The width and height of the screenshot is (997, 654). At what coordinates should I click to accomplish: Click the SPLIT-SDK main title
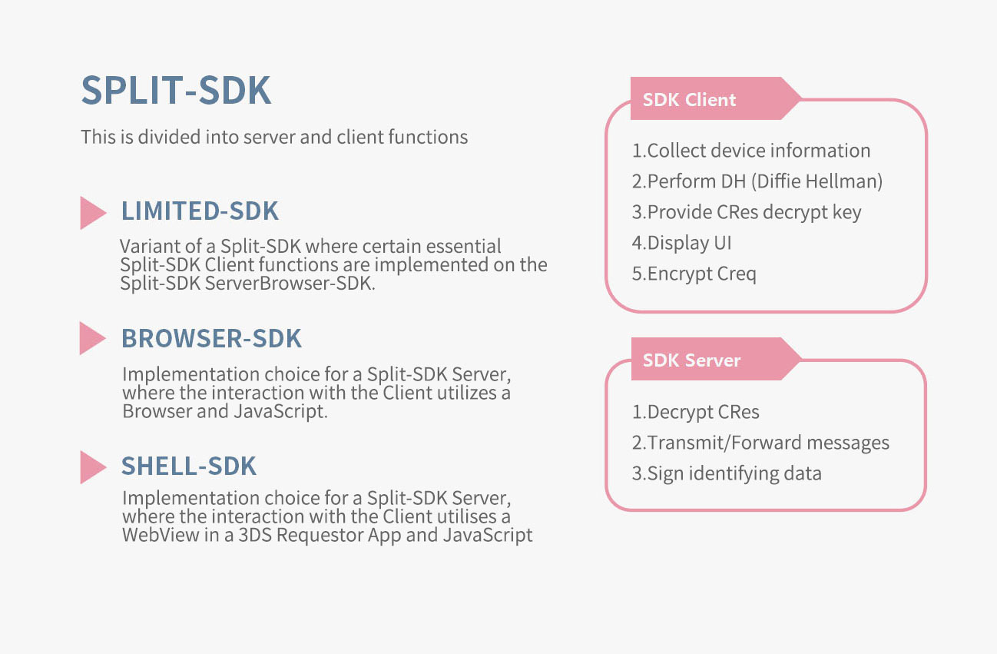pos(176,91)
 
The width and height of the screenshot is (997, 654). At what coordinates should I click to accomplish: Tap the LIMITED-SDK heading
pos(200,211)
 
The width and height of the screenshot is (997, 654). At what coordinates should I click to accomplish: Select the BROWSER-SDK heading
pos(211,338)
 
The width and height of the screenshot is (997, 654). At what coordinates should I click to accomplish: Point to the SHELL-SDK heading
pos(189,466)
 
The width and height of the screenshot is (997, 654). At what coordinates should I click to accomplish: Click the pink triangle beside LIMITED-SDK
pos(91,213)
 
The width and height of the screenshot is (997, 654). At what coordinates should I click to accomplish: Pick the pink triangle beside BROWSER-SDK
pos(91,338)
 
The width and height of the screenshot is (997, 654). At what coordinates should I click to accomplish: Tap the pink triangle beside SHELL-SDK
pos(91,467)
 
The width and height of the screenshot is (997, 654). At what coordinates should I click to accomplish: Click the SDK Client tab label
pos(689,100)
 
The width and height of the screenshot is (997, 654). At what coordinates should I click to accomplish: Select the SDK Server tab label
pos(691,360)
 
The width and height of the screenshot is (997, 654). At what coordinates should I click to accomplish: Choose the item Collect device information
pos(751,151)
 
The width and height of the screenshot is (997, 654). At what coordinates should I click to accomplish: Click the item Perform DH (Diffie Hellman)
pos(757,181)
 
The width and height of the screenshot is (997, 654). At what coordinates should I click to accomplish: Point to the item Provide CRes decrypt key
pos(747,212)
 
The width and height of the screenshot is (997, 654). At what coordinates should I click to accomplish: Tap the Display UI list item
pos(681,243)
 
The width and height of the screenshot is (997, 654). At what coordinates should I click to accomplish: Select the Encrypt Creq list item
pos(694,274)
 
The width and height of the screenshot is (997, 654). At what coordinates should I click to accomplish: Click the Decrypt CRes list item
pos(696,412)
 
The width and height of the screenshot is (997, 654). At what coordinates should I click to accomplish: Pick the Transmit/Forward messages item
pos(760,443)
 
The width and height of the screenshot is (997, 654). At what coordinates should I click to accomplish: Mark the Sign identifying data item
pos(727,473)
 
